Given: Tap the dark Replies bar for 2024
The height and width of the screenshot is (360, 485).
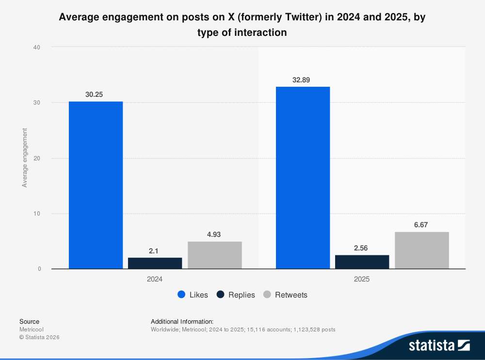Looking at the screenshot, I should [155, 263].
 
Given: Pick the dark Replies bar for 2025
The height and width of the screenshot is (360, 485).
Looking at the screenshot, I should [362, 262].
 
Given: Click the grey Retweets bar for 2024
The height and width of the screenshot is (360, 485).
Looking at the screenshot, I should [214, 255].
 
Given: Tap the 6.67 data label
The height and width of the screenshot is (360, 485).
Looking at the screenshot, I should [420, 225].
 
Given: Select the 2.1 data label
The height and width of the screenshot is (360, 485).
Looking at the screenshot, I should [154, 250].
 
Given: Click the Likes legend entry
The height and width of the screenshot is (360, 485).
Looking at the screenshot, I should [193, 295].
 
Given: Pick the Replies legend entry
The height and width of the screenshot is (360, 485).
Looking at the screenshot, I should [236, 295].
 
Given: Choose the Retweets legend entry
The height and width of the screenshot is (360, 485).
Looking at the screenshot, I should [285, 295].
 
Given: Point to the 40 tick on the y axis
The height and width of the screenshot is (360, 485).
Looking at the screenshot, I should [37, 47].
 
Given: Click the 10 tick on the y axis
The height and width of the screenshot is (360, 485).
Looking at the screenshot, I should [37, 214].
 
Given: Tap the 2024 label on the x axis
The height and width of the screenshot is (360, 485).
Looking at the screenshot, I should [155, 280].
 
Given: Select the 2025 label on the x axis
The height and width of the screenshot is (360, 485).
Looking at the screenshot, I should [362, 280].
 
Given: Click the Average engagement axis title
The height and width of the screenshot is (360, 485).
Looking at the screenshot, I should [25, 158].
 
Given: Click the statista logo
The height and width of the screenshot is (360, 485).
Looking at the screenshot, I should [439, 345].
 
